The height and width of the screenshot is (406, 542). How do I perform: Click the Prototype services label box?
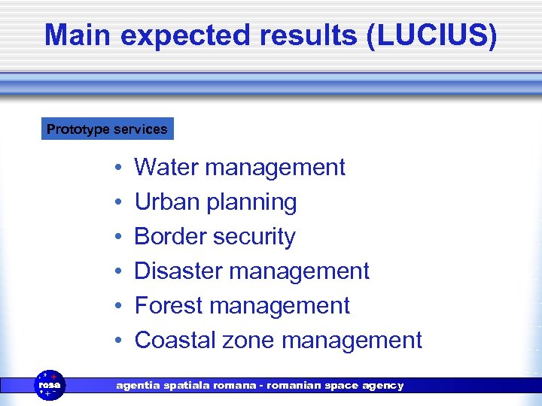pyautogui.click(x=107, y=129)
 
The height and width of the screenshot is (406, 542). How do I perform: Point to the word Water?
pyautogui.click(x=166, y=167)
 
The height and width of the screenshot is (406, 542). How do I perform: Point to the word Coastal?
pyautogui.click(x=175, y=340)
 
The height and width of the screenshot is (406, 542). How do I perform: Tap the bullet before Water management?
pyautogui.click(x=119, y=168)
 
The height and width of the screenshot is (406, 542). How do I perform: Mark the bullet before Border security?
pyautogui.click(x=119, y=237)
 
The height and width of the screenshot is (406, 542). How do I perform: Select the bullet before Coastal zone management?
pyautogui.click(x=119, y=341)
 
